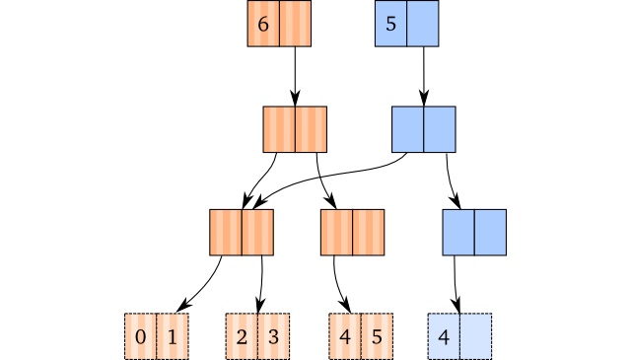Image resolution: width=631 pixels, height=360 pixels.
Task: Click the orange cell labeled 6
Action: (263, 25)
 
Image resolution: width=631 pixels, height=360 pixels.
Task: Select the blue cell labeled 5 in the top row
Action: (391, 25)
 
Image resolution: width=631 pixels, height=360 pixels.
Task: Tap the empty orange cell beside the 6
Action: (295, 25)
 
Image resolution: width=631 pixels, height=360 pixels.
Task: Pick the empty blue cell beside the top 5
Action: (423, 25)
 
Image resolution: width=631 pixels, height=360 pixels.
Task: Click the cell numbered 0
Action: (141, 336)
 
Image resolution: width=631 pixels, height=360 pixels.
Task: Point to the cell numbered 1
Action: (173, 336)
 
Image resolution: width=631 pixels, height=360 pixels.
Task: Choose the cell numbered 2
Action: (242, 336)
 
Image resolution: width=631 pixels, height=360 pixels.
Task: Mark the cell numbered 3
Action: (273, 336)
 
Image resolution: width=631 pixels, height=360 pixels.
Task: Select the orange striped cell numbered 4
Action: (344, 336)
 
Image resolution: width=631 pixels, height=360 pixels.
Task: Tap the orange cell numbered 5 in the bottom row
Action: (376, 336)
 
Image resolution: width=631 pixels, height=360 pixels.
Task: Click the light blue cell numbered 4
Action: (444, 336)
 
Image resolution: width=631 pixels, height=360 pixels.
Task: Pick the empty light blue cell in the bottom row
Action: (475, 336)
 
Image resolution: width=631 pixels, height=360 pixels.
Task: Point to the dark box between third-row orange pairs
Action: (297, 233)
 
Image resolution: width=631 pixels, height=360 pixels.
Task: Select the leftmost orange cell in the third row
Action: (226, 233)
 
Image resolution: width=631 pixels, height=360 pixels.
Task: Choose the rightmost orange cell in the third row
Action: (368, 233)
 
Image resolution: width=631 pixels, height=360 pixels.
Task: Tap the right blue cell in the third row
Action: (490, 233)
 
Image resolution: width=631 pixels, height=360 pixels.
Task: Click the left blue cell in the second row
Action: (408, 129)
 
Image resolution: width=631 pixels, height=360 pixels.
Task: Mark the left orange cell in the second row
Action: (279, 129)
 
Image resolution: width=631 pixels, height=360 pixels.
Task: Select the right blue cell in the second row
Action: (440, 129)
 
